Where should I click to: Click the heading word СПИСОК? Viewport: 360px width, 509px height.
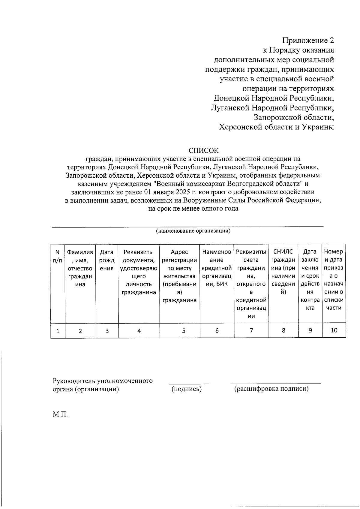click(x=203, y=150)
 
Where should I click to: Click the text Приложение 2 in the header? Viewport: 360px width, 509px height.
click(x=308, y=41)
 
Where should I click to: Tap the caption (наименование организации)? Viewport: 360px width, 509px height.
click(x=193, y=231)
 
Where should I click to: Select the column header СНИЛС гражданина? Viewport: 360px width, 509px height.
click(x=283, y=272)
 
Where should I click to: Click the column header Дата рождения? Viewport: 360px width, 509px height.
click(x=107, y=260)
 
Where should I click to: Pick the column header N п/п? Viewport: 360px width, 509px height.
click(x=58, y=256)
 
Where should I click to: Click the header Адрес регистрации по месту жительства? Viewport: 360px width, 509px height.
click(x=179, y=276)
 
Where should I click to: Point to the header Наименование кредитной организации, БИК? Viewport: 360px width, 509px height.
click(x=217, y=268)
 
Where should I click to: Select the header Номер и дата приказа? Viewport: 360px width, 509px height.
click(x=334, y=279)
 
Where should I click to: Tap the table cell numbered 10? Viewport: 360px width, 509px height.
click(x=334, y=330)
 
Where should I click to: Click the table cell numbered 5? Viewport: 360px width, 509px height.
click(x=183, y=331)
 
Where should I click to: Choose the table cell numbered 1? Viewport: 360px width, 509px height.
click(x=58, y=331)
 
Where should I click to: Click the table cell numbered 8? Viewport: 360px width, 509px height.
click(x=283, y=330)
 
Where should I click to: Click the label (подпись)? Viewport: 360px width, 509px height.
click(x=186, y=389)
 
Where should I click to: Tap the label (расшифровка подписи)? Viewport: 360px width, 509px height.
click(x=271, y=389)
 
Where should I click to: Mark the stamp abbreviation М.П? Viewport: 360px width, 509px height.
click(x=60, y=414)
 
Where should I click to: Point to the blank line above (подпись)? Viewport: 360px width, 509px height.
click(x=189, y=383)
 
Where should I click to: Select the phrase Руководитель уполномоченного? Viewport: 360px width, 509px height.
click(x=103, y=381)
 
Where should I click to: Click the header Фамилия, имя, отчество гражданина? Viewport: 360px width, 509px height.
click(x=80, y=268)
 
